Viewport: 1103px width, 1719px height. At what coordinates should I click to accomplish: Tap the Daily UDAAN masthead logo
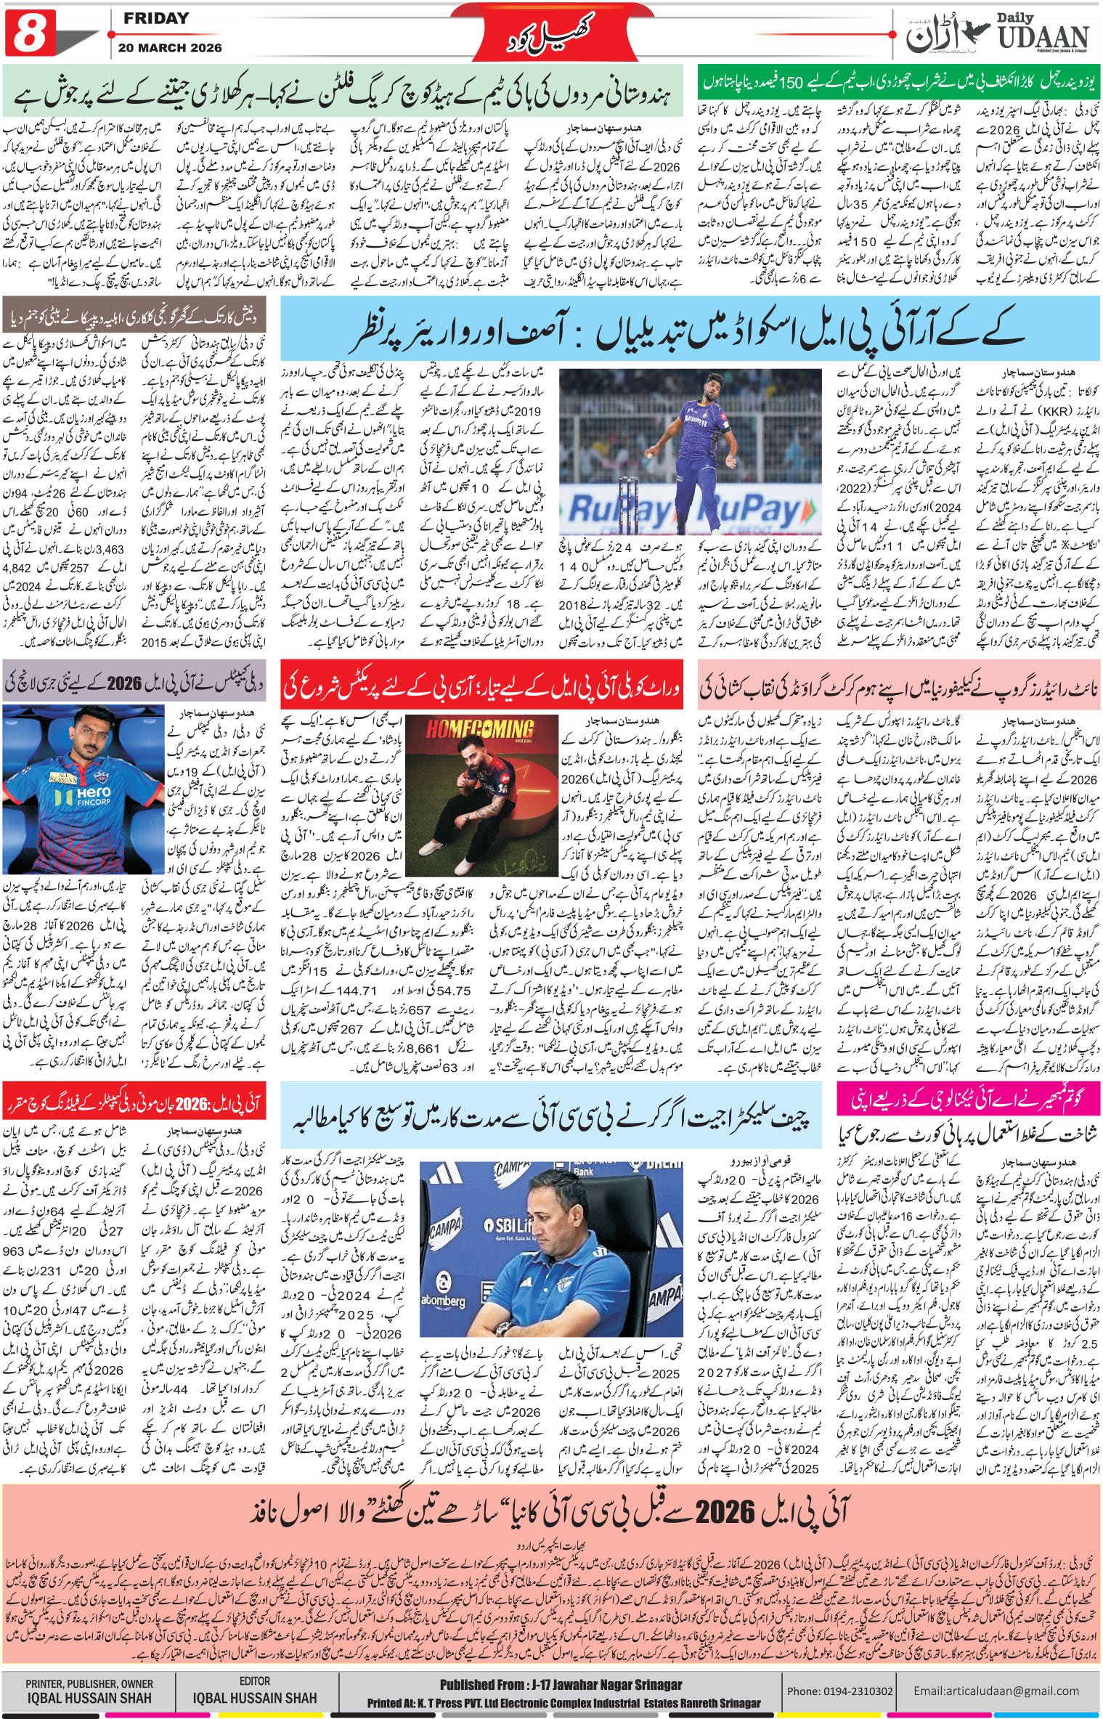[1003, 33]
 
